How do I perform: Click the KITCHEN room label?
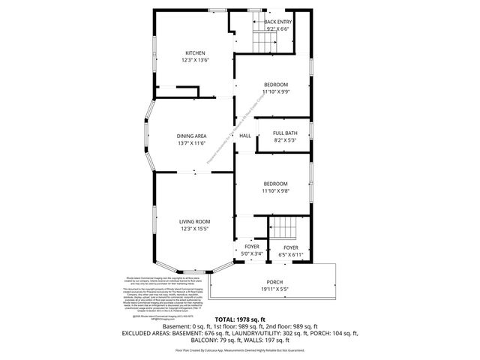(195, 52)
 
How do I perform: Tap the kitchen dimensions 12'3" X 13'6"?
(195, 61)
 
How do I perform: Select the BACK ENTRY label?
(277, 22)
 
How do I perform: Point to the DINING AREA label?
(192, 136)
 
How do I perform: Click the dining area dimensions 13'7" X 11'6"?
(192, 143)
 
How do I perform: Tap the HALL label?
(245, 136)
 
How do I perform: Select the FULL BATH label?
(285, 133)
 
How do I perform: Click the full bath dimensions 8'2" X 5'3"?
(285, 140)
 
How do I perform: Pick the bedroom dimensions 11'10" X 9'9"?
(275, 92)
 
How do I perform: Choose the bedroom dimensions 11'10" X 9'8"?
(275, 191)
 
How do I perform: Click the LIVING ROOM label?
(194, 221)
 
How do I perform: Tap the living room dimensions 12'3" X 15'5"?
(194, 229)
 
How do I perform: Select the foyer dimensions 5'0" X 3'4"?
(252, 255)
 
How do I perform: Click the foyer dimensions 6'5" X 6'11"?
(290, 255)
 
